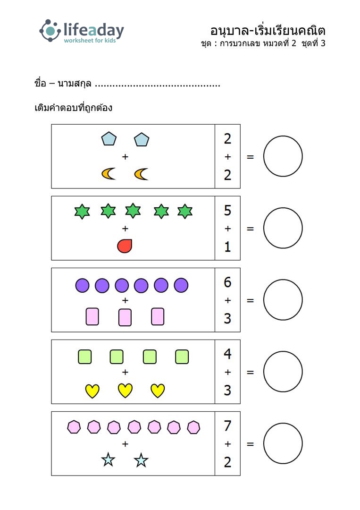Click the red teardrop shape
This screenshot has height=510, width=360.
pos(125,246)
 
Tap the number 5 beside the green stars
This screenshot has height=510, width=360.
pos(227,211)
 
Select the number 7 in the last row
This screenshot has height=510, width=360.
pos(227,426)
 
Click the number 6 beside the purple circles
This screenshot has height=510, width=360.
pos(227,282)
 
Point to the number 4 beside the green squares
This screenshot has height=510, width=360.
pos(227,354)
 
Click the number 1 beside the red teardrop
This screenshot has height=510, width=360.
pos(227,247)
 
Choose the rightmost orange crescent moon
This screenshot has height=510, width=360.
pos(142,174)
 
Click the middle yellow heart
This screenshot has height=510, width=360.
pos(125,391)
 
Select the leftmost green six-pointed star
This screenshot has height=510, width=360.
pos(82,212)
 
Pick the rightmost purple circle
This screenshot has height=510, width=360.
pos(181,285)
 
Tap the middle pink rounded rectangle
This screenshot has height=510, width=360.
pos(125,317)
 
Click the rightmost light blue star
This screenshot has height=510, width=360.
pos(141,460)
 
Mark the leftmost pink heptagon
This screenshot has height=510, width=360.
pos(74,427)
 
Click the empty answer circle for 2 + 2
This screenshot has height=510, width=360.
pos(283,156)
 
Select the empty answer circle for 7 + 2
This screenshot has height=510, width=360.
pos(283,443)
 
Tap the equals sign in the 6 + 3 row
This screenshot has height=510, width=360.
pos(250,300)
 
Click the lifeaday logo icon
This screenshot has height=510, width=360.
pos(50,31)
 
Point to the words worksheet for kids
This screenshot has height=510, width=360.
pos(90,40)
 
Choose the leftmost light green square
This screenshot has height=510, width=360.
pos(85,357)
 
